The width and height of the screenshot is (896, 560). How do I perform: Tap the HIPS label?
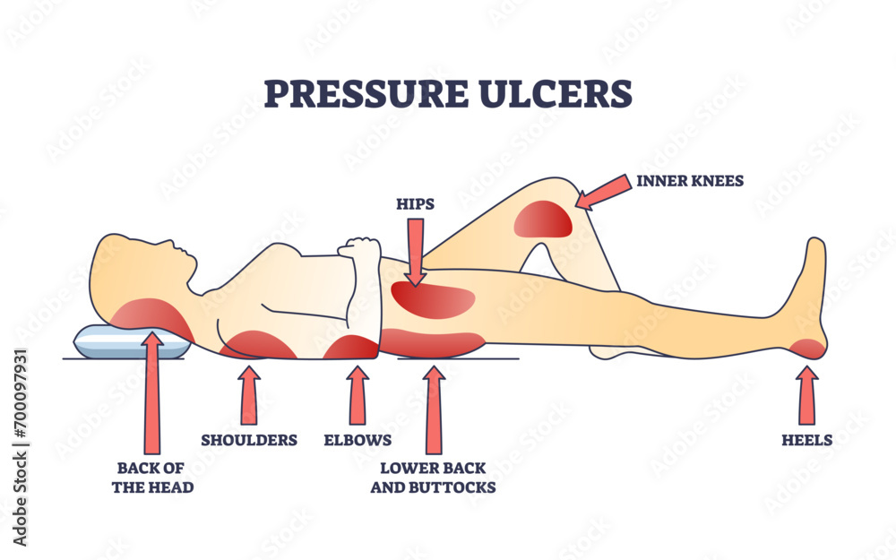pos(415,204)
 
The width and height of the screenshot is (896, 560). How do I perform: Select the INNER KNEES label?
pos(691,181)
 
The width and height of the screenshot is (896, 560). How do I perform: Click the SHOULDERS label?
pos(249,440)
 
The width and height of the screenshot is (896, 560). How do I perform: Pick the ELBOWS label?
pos(358,440)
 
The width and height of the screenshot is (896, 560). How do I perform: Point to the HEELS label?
pos(806,440)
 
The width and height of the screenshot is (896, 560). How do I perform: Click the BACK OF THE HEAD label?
pos(152,477)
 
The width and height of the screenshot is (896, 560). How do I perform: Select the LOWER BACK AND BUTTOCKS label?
pos(438,477)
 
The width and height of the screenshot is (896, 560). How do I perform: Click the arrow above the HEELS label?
pos(806,395)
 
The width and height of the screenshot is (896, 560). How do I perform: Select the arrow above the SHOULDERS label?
pos(249,395)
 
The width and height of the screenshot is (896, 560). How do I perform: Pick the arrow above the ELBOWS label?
pos(358,395)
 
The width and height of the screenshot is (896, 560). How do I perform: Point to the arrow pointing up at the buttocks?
pos(435,408)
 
